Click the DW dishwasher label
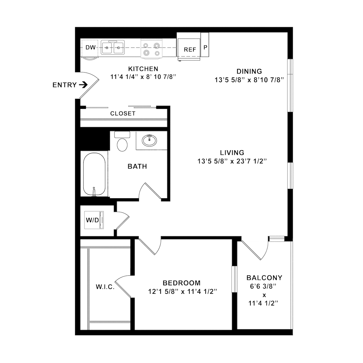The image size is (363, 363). click(x=90, y=48)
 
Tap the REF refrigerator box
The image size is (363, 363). click(x=190, y=49)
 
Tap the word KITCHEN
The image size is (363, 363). click(x=143, y=69)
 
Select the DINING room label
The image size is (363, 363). click(x=249, y=71)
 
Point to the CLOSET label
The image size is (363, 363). click(x=123, y=114)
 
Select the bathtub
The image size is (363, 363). click(x=94, y=174)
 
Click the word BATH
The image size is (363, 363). click(x=137, y=166)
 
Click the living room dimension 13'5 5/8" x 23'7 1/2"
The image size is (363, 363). click(x=232, y=161)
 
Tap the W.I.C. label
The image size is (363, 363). click(x=105, y=287)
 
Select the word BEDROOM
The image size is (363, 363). click(x=181, y=283)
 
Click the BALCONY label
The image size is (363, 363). click(x=264, y=278)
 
